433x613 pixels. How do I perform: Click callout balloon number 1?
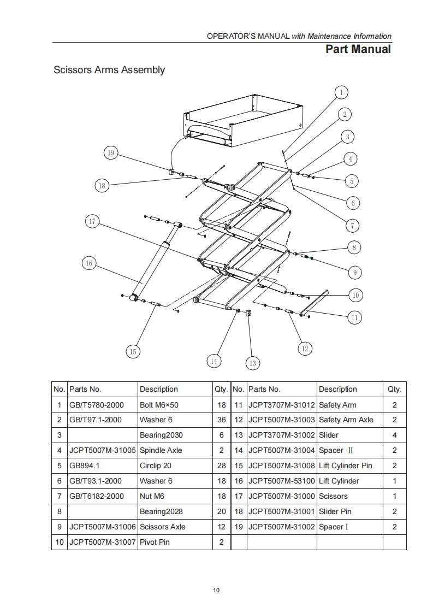point(341,92)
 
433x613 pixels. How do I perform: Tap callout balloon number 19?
point(111,153)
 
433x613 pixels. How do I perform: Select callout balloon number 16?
point(89,263)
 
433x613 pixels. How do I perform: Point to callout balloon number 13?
point(252,363)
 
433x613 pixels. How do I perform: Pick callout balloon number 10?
point(355,295)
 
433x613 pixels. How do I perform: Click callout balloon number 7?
point(353,225)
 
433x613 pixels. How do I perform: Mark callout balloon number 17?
point(92,221)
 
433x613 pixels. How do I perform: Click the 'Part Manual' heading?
point(358,49)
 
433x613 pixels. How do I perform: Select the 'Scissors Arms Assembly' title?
point(109,70)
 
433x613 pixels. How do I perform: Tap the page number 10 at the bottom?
point(216,590)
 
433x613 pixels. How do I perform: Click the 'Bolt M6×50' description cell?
point(159,405)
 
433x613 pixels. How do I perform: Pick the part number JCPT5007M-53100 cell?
point(281,481)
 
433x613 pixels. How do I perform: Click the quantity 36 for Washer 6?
point(221,420)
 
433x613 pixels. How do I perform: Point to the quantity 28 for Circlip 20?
point(221,466)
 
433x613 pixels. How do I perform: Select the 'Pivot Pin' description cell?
point(155,542)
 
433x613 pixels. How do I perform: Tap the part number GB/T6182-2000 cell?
point(97,497)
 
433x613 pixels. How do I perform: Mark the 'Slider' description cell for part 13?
point(329,435)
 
